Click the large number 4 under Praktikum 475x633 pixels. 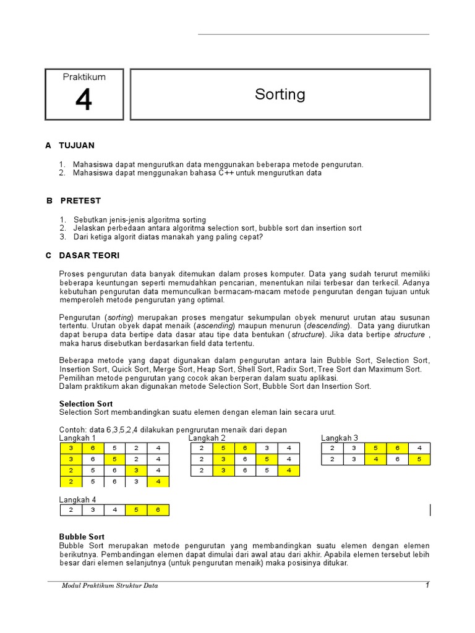[83, 100]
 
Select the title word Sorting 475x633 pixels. [280, 95]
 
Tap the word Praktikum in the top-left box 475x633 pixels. [84, 77]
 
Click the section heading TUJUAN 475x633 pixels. [77, 145]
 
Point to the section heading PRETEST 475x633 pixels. [80, 201]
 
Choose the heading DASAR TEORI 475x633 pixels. [89, 255]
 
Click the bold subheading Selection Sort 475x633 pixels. [86, 404]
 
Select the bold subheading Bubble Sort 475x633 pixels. [82, 537]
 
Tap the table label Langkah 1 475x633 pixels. [78, 438]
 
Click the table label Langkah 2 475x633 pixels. [207, 438]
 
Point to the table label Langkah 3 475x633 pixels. [340, 438]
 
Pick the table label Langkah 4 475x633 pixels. [78, 499]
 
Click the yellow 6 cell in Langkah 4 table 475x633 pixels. [158, 510]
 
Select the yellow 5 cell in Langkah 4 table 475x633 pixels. [136, 510]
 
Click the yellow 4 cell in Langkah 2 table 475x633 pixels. [288, 471]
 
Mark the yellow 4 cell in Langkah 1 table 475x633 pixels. [158, 482]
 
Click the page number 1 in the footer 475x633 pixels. [427, 585]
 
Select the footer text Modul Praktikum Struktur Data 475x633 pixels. [109, 586]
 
